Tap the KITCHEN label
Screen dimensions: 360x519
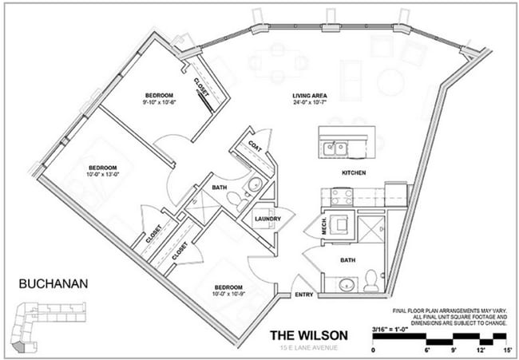[354, 172]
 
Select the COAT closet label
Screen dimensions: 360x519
[256, 146]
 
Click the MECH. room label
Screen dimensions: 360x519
[324, 227]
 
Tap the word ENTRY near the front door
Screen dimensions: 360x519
[303, 294]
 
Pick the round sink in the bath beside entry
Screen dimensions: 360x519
[347, 284]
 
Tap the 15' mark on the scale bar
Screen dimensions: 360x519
[506, 350]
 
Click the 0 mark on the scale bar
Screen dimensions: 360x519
[374, 350]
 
